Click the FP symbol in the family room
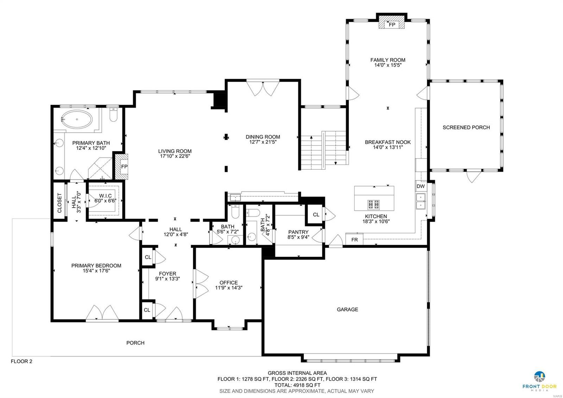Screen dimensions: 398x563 point(391,25)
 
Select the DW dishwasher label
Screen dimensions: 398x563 point(420,186)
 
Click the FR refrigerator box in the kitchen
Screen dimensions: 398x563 point(354,240)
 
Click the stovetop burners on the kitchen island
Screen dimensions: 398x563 point(374,204)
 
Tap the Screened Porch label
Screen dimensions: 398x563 point(466,128)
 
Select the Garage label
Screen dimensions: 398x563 point(347,309)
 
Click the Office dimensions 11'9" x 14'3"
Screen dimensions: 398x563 point(229,288)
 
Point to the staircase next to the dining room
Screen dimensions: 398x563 point(324,150)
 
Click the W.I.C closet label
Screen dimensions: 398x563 point(105,195)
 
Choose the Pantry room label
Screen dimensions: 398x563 point(298,232)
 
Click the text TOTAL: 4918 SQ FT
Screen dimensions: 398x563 point(297,385)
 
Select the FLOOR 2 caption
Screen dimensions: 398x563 point(21,361)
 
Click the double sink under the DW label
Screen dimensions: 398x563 point(420,201)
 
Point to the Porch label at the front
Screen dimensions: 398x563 point(135,343)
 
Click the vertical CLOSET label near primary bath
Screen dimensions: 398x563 point(59,203)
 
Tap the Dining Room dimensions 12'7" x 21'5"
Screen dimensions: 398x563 point(262,142)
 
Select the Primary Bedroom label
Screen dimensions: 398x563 point(96,266)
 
